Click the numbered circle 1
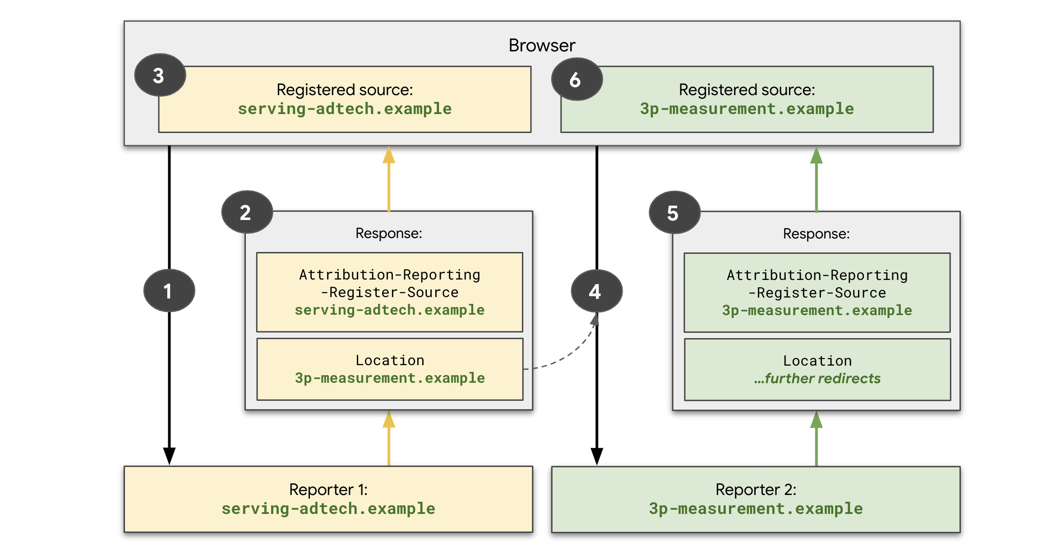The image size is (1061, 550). pos(169,291)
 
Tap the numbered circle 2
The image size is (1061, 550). pos(247,212)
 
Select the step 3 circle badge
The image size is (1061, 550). pos(160,75)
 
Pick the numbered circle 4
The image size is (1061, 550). pos(596,291)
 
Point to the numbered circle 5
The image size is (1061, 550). pos(674,212)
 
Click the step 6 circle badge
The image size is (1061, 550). pos(577,79)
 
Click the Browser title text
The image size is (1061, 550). pos(541,46)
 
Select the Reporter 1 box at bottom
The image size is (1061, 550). pos(328,499)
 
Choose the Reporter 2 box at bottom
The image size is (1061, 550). pos(756,499)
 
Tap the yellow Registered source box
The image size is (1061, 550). pos(345,100)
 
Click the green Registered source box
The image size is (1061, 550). pos(747,100)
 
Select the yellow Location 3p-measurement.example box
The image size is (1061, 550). pos(390,369)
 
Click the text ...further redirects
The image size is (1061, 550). pos(817,378)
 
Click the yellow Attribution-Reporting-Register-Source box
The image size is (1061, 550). pos(390,292)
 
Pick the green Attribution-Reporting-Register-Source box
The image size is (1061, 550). pos(817,293)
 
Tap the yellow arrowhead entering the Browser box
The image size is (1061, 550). pos(389,155)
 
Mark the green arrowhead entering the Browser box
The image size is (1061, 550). pos(817,156)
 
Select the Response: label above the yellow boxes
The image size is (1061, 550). pos(389,233)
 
